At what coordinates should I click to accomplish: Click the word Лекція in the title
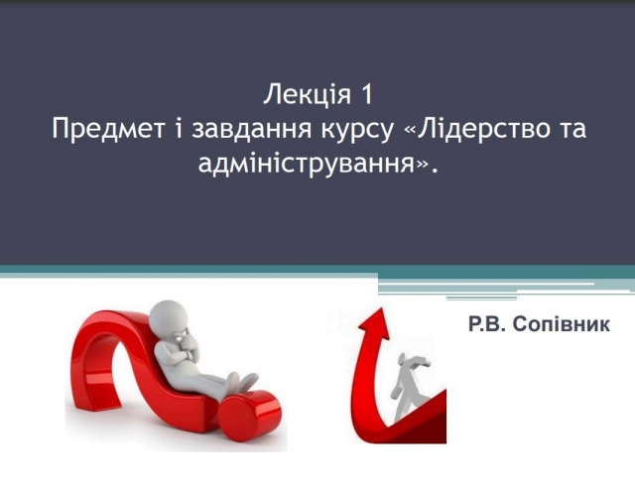pos(307,95)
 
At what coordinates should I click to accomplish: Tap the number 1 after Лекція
pos(366,94)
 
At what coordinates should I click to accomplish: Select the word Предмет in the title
pos(108,129)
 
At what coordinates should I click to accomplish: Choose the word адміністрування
pos(309,163)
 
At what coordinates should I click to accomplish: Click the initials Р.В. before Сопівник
pos(488,324)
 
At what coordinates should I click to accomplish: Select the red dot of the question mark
pos(251,416)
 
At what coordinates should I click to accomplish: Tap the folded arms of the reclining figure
pos(187,348)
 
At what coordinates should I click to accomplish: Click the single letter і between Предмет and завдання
pos(179,129)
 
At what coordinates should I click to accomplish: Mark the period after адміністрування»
pos(435,173)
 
